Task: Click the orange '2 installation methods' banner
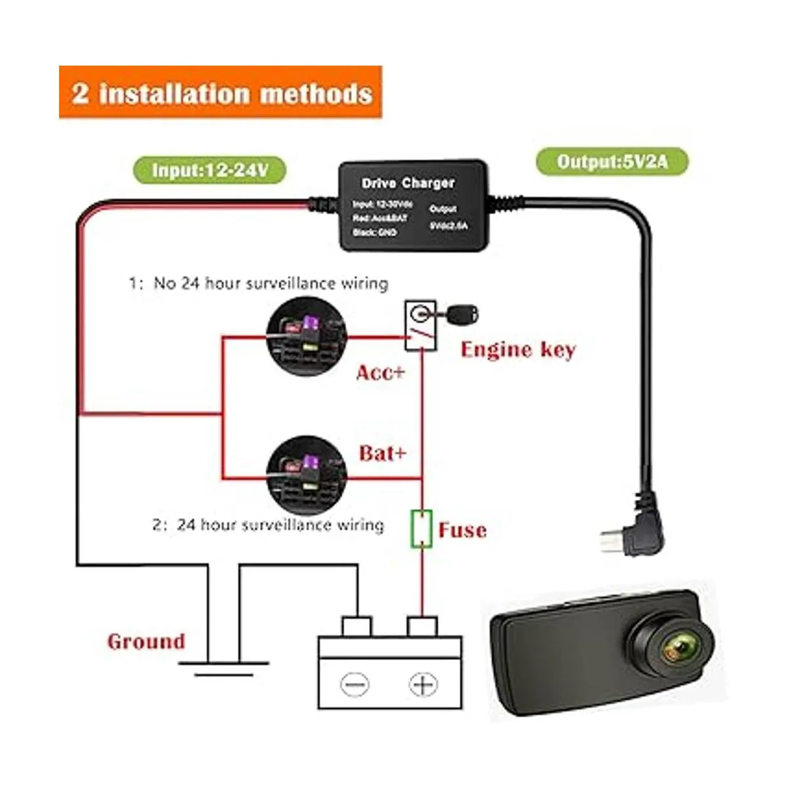pos(221,93)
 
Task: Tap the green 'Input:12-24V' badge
pos(210,170)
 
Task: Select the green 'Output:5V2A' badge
pos(612,162)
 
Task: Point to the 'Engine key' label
pos(517,349)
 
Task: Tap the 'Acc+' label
pos(380,373)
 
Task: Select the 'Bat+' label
pos(382,453)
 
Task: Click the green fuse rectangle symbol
pos(421,529)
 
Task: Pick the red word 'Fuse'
pos(462,530)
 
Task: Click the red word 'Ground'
pos(146,642)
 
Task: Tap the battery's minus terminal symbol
pos(355,685)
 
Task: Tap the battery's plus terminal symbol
pos(423,685)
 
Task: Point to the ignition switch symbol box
pos(420,326)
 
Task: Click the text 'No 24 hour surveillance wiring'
pos(270,284)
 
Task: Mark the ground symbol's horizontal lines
pos(224,668)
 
